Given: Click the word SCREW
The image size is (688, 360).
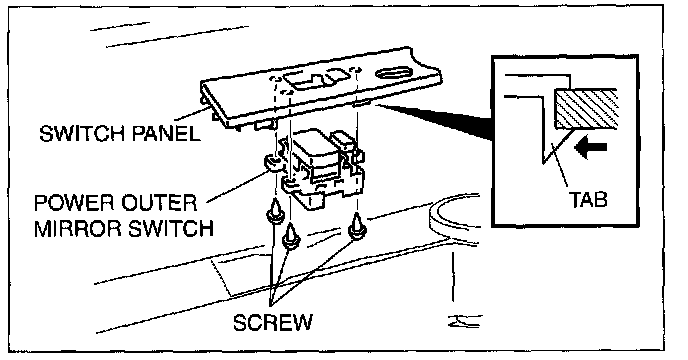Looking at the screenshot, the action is (272, 323).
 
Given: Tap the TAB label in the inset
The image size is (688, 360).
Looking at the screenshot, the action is (588, 199).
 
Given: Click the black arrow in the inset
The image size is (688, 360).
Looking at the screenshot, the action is (590, 149).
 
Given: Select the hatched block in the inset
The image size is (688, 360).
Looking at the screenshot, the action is (586, 108).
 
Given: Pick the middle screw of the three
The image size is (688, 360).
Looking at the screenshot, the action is (290, 236).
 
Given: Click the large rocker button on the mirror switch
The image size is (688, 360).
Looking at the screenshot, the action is (314, 147).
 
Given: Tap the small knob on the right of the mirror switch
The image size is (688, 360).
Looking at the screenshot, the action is (343, 141).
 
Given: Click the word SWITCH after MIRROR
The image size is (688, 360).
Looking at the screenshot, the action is (171, 229).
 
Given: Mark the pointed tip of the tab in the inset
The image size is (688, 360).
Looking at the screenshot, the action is (544, 165).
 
